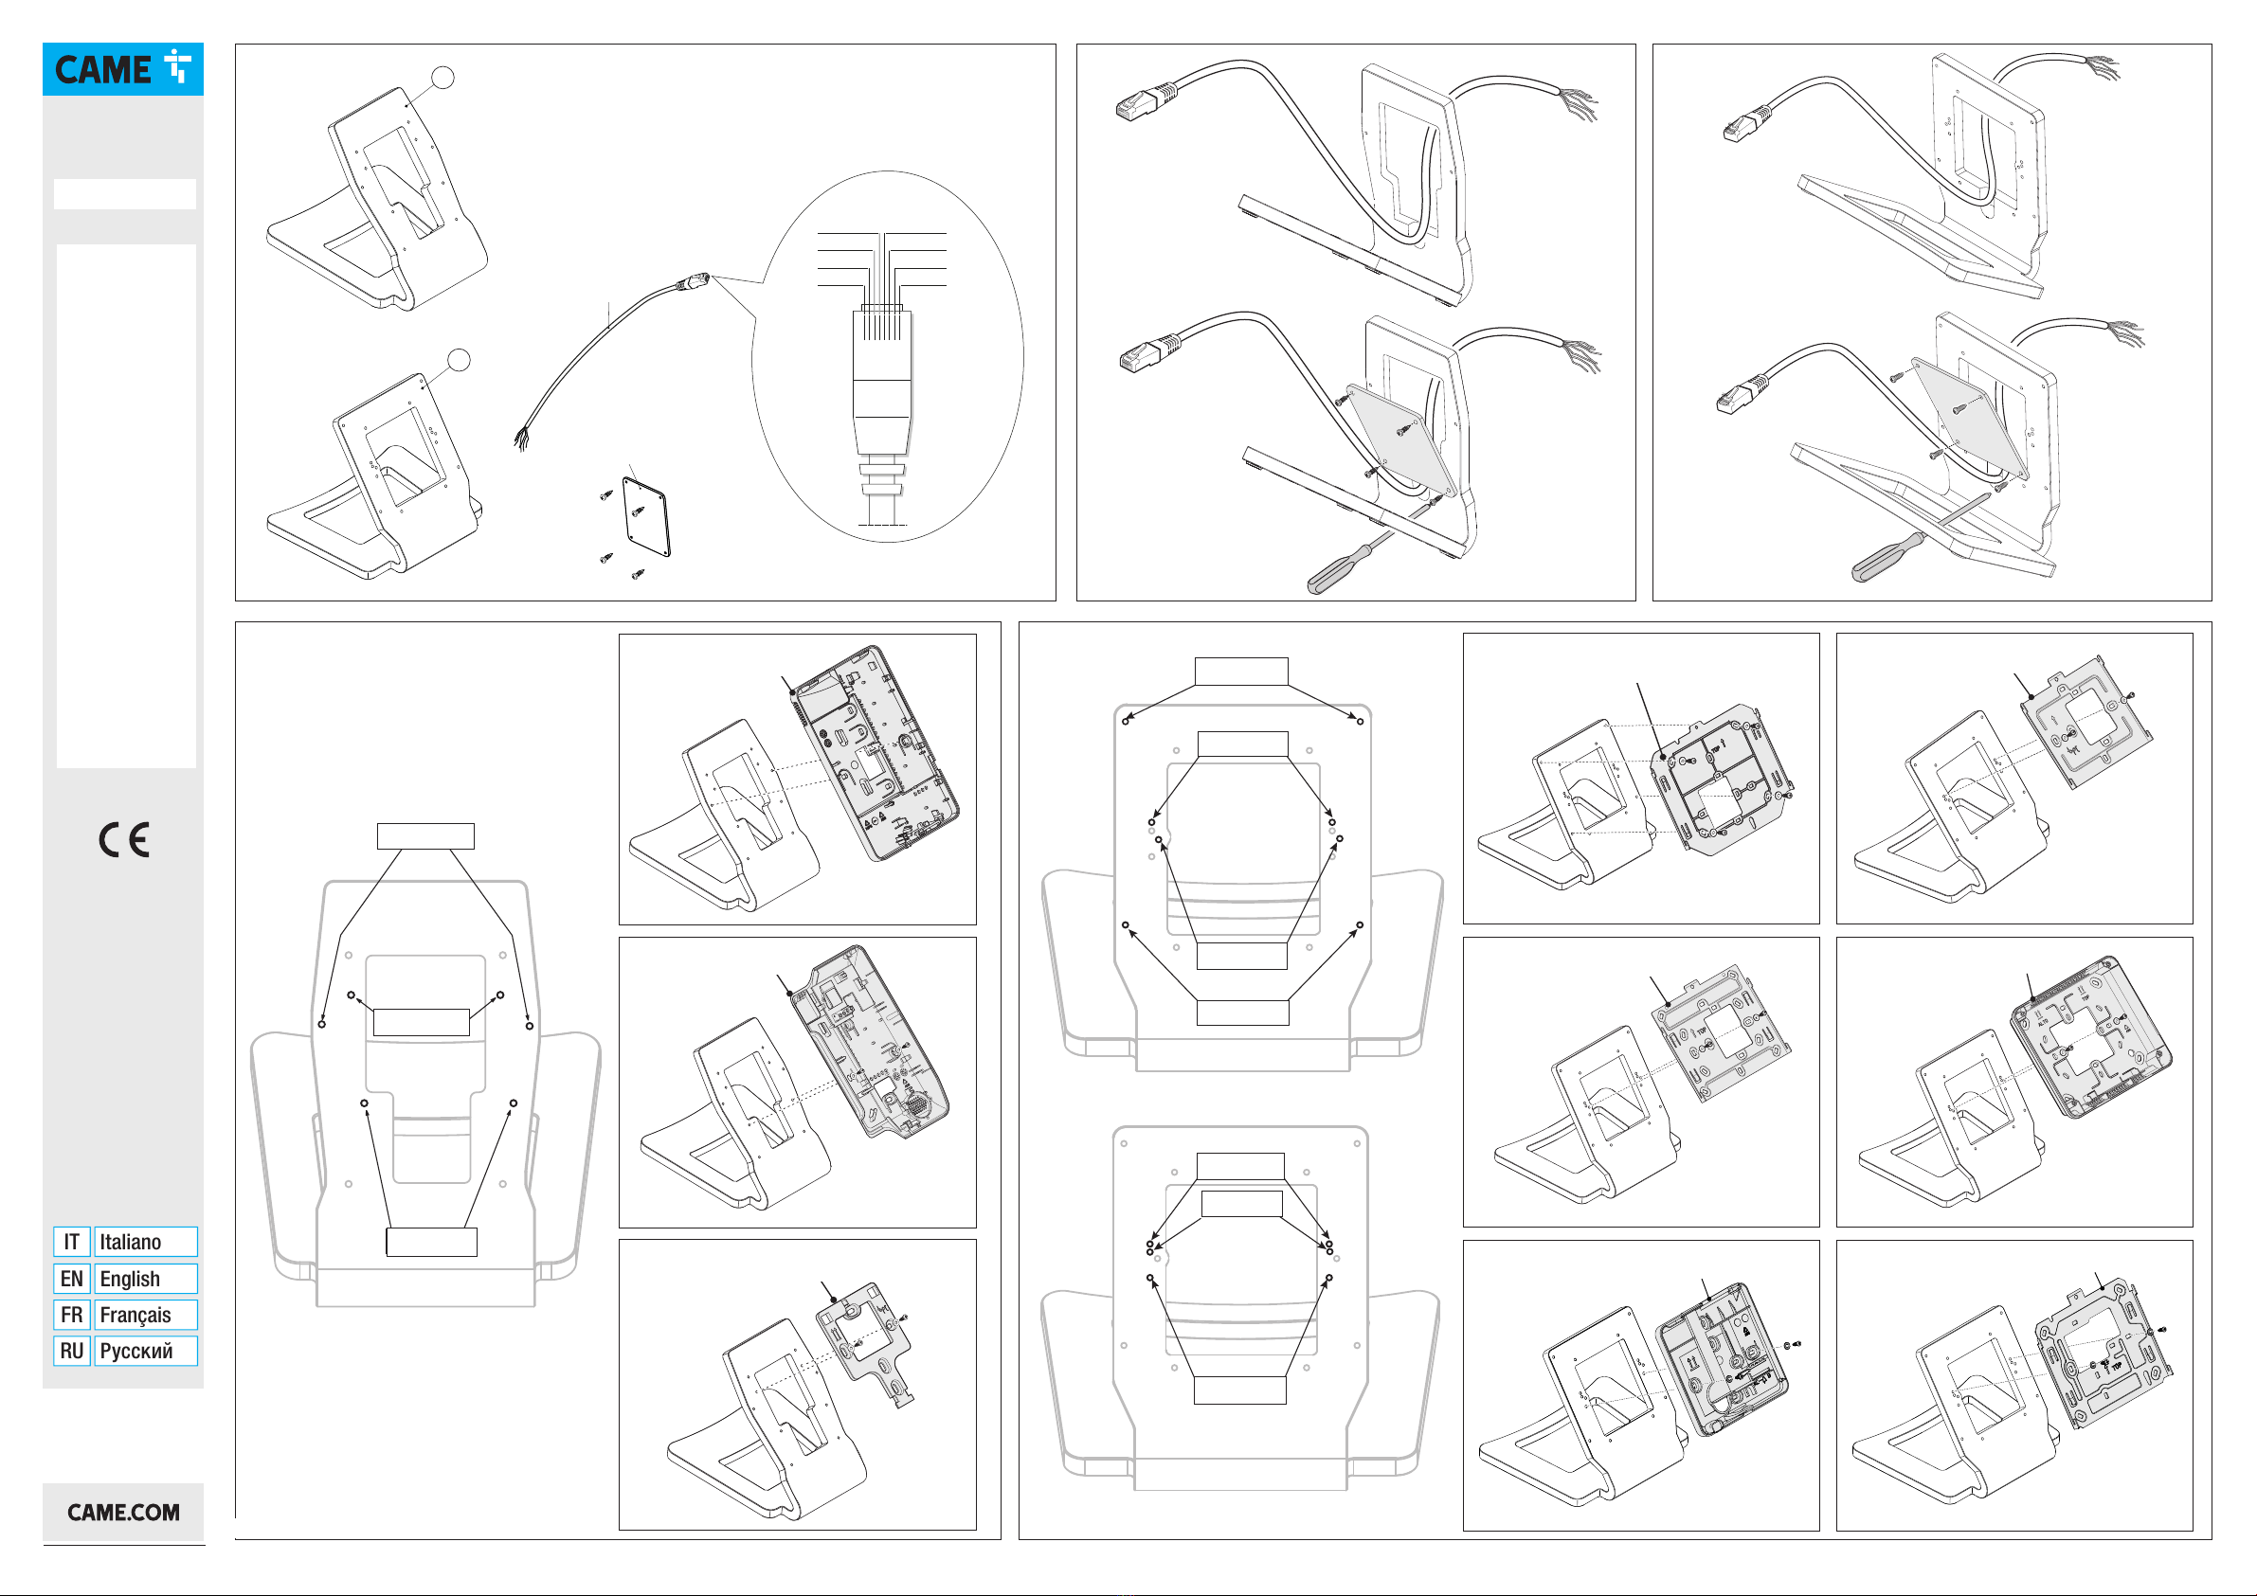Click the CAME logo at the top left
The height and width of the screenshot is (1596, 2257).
pos(123,69)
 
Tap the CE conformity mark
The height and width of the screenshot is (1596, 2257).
pos(124,840)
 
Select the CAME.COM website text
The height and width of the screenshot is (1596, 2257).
pos(124,1513)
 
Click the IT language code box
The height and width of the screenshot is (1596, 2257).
pos(72,1242)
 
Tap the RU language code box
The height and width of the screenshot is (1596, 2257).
pos(72,1352)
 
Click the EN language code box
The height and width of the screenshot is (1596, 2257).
pos(72,1279)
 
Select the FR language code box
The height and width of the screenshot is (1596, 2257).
pos(72,1315)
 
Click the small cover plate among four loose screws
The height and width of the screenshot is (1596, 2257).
pos(647,517)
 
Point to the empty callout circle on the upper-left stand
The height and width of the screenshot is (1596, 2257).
pos(443,78)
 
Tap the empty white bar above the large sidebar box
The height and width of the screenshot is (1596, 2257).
pos(125,193)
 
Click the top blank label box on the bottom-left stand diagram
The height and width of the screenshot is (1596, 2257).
pos(425,836)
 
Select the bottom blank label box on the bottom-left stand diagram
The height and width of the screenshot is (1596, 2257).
pos(431,1242)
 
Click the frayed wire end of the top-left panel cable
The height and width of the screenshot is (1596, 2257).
pos(522,439)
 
